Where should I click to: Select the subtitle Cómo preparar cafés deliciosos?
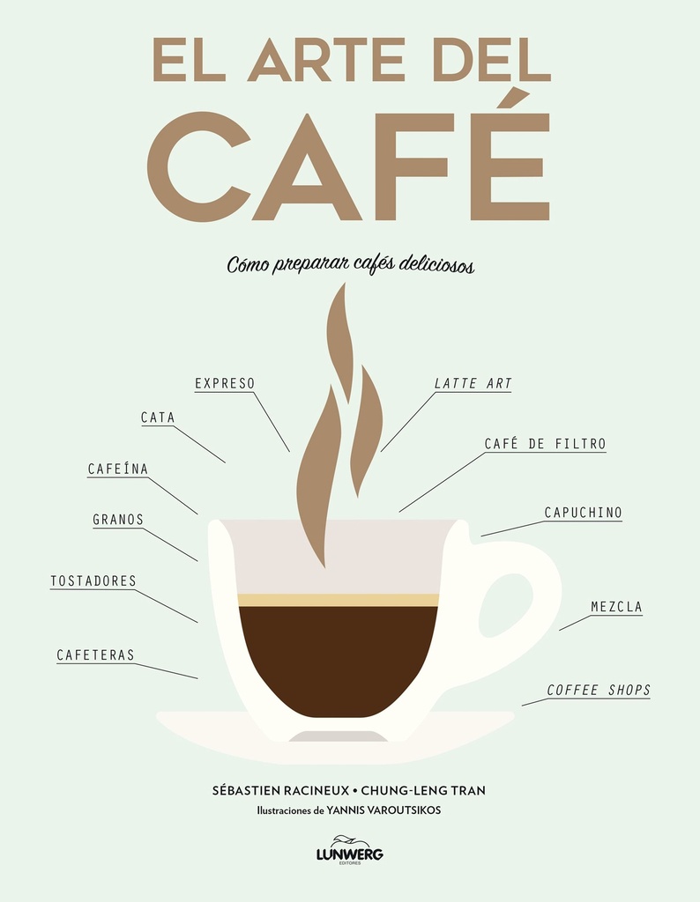coord(350,264)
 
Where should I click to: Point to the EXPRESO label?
coord(224,383)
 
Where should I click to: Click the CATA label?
coord(158,418)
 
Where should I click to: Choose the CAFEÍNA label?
coord(117,469)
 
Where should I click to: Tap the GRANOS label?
coord(118,519)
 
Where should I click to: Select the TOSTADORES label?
coord(93,580)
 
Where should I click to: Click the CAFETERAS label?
coord(95,654)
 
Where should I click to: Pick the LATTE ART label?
coord(473,383)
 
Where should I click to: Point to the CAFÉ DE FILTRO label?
coord(545,444)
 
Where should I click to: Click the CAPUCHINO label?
coord(583,512)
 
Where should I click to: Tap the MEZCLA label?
coord(616,607)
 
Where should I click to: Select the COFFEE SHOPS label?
coord(599,690)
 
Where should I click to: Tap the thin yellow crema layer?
coord(339,600)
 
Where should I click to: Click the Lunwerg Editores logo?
coord(350,854)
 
